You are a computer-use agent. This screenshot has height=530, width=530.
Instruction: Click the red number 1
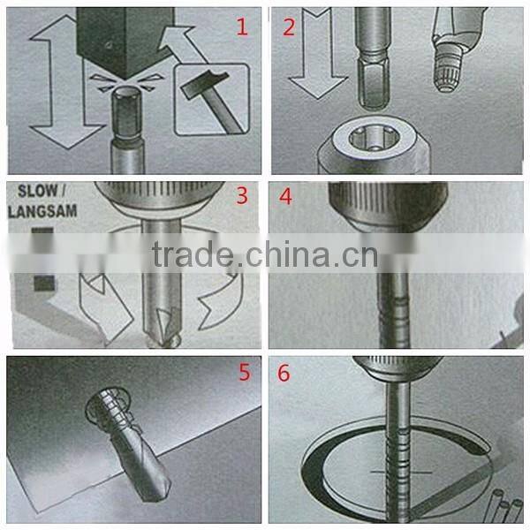(241, 27)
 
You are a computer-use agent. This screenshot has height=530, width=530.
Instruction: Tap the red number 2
(289, 27)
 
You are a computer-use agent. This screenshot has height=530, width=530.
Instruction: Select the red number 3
(241, 196)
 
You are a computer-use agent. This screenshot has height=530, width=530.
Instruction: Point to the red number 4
(285, 196)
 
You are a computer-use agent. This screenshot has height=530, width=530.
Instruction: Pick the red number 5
(245, 372)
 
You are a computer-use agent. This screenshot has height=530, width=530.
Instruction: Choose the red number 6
(284, 372)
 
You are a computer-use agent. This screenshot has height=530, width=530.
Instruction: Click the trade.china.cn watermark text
(264, 255)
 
